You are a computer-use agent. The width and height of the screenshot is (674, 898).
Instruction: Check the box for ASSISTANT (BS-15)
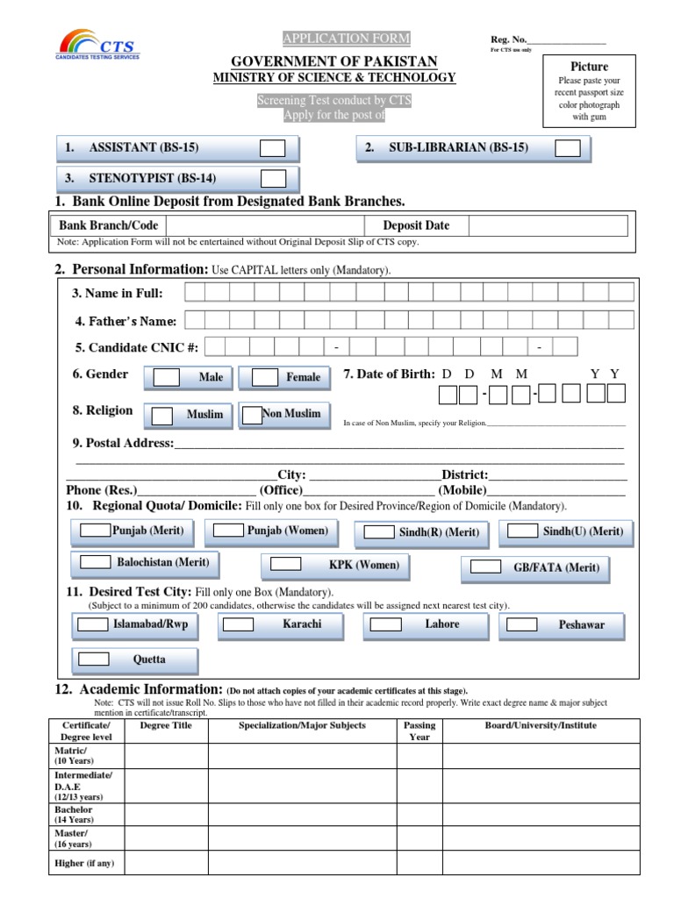273,148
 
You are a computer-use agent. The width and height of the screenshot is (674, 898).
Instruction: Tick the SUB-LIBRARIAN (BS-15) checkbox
568,148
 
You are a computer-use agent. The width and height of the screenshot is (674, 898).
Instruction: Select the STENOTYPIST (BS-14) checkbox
273,179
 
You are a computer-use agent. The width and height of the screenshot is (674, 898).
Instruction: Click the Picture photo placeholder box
589,91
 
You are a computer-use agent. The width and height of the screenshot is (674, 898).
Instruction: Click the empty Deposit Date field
548,226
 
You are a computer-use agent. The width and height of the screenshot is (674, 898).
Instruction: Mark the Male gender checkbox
167,378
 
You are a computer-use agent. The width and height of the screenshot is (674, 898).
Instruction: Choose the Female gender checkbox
265,378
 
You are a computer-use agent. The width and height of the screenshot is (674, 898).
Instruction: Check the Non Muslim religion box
252,415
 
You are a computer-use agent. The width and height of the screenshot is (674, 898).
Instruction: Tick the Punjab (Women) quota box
228,531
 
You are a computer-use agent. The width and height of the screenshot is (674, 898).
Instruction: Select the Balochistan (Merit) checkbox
95,562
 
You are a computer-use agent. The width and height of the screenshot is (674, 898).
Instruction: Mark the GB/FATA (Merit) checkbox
485,567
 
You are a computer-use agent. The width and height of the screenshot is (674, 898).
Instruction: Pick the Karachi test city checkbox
238,624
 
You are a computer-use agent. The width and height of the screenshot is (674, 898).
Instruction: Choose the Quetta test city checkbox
91,659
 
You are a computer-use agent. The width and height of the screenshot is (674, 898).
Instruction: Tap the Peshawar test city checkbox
522,624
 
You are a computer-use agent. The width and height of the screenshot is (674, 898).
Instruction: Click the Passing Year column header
419,731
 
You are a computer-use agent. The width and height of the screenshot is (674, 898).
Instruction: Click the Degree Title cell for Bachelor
166,815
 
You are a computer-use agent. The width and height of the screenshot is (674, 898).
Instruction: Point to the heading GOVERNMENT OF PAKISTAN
333,61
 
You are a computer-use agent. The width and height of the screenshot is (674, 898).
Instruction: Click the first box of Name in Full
196,293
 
